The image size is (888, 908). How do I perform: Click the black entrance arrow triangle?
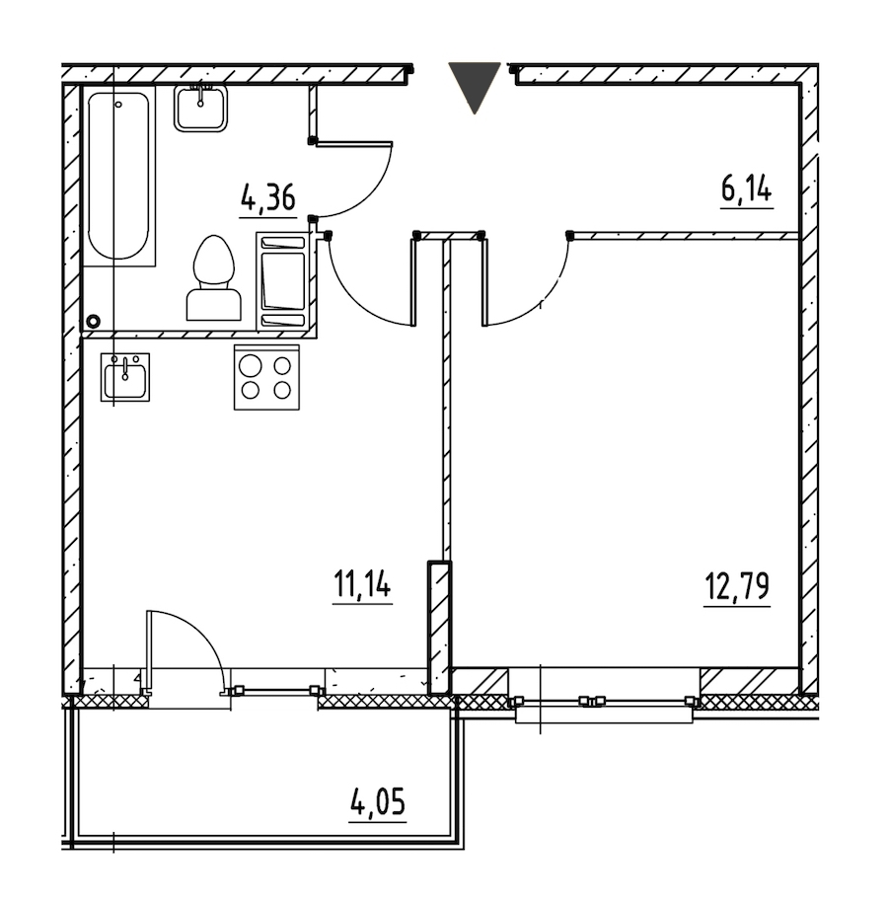coord(475,88)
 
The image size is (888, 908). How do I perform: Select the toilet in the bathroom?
coord(213,278)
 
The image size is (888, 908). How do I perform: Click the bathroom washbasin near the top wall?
coord(200,109)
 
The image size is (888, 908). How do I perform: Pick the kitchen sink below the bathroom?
coord(125,377)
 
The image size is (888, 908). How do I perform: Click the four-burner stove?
coord(266,378)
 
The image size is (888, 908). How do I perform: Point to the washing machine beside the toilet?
coord(283,281)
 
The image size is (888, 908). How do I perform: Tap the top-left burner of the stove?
coord(251,366)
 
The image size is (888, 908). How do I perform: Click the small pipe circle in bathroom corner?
coord(93,321)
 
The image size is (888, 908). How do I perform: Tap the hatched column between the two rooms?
coord(439,628)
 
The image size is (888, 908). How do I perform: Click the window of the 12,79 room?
coord(603,701)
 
